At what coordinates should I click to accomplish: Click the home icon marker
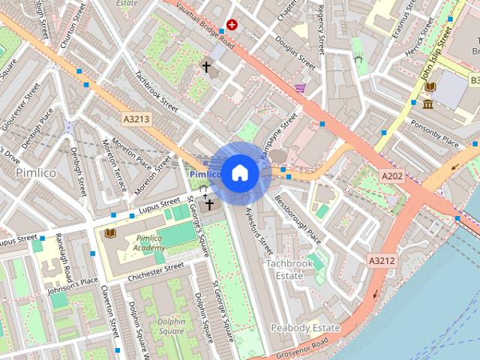click(x=238, y=173)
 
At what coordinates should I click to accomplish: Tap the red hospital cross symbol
click(x=232, y=25)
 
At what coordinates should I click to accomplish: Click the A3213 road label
click(x=136, y=118)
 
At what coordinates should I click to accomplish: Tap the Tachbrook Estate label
click(x=284, y=269)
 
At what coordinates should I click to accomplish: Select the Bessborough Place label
click(x=298, y=220)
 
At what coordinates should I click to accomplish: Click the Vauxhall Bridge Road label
click(x=205, y=23)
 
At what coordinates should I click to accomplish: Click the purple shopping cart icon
click(x=300, y=88)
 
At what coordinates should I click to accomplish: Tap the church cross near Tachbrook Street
click(x=205, y=67)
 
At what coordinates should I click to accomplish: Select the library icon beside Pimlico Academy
click(x=110, y=233)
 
